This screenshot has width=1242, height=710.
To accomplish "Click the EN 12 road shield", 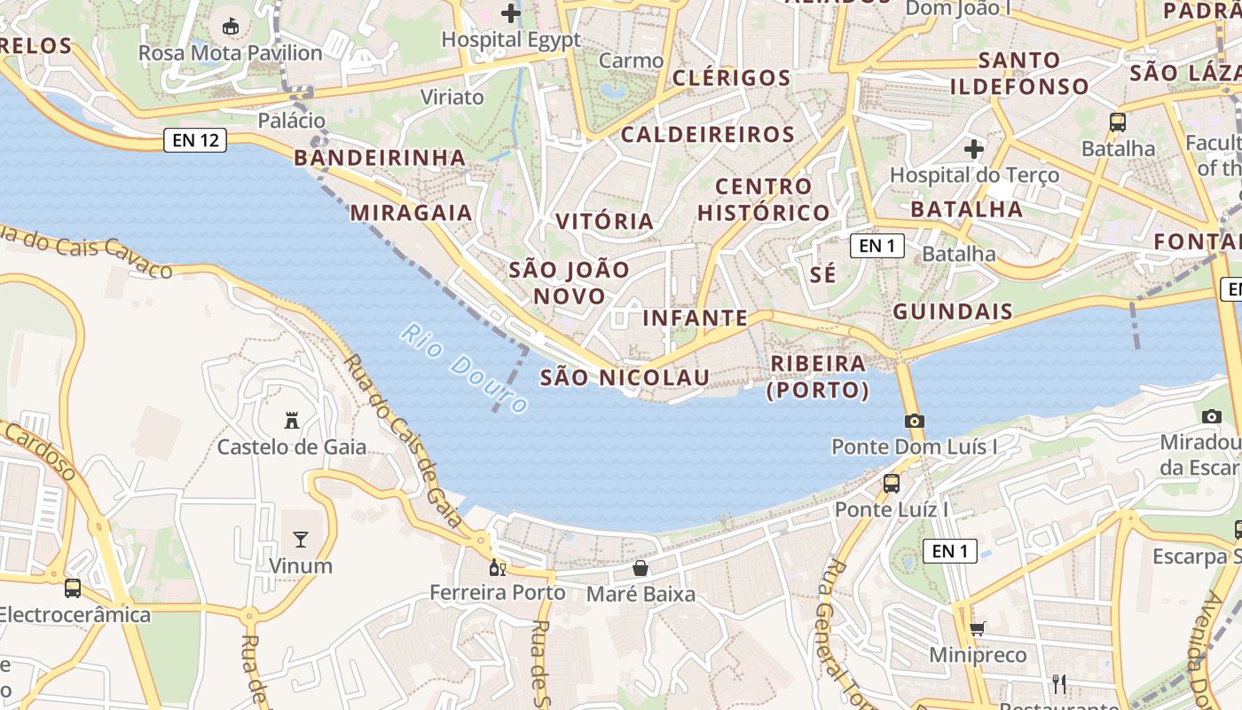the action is [x=195, y=139].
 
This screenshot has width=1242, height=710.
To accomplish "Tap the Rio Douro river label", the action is [x=463, y=367].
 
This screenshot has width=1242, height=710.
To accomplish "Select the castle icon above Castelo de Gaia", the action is [x=291, y=420].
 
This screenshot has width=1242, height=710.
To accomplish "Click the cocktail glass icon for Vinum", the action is [x=301, y=539].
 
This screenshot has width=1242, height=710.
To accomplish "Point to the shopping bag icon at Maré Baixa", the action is [x=641, y=568].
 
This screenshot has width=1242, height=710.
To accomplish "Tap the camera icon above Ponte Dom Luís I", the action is [x=915, y=421].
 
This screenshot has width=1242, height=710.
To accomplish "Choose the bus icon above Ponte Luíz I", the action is [x=892, y=484].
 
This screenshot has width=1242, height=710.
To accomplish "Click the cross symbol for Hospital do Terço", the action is [x=974, y=148].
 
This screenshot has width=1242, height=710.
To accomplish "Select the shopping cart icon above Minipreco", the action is [x=977, y=628].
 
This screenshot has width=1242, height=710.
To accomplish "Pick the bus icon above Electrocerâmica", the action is [x=73, y=588].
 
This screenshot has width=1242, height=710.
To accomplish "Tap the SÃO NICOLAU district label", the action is [x=625, y=378].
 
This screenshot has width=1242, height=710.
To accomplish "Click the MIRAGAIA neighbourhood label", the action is [x=412, y=213].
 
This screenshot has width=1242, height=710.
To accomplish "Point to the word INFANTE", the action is [x=695, y=318].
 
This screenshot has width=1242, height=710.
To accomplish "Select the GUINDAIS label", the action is [x=953, y=312].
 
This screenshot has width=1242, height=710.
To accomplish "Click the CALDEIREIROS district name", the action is [x=707, y=135].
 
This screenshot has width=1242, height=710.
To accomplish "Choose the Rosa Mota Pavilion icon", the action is [x=231, y=27].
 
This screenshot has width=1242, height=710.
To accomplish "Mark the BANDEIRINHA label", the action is [x=380, y=158].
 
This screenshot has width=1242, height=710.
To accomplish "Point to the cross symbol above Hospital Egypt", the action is [x=511, y=13].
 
